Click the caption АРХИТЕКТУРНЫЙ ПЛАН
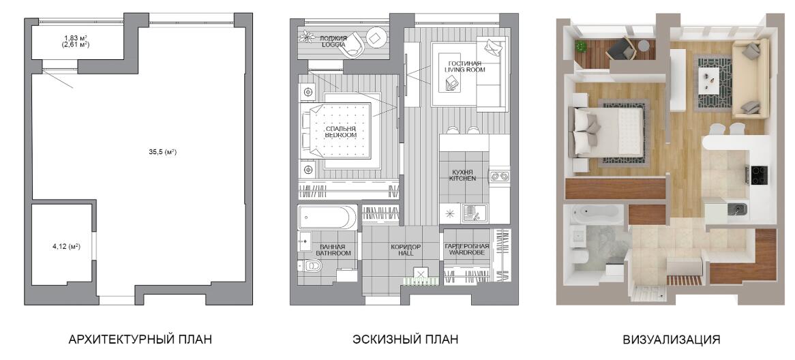point(140,340)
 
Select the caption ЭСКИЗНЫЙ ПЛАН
point(406,340)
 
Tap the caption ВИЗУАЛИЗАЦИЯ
point(672,340)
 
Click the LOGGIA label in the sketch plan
point(333,44)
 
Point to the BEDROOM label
point(341,136)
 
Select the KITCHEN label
point(464,179)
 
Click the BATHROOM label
point(333,252)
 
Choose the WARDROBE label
point(468,252)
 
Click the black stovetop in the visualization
point(758,175)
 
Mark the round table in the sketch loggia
point(377,39)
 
